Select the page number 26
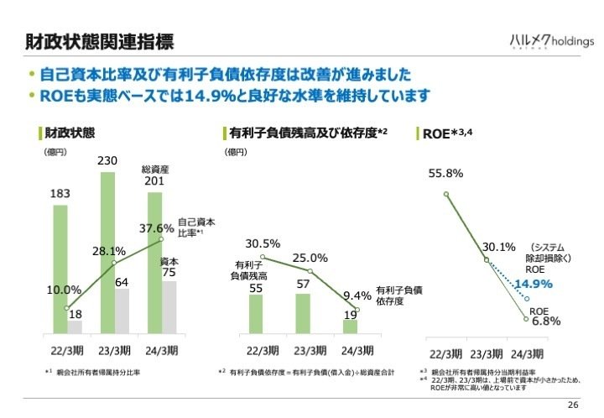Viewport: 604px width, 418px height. tap(573, 405)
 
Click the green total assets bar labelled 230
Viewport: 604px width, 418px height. tap(107, 252)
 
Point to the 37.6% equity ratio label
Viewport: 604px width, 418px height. tap(156, 227)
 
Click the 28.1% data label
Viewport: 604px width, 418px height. tap(109, 251)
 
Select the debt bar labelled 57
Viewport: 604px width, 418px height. tap(303, 312)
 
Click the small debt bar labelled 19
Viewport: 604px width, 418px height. tap(350, 325)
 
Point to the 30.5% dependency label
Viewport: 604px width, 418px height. tap(263, 243)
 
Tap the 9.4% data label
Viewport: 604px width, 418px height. tap(357, 295)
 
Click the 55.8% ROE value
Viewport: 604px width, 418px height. tap(445, 174)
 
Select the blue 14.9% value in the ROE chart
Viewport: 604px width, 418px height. tap(534, 285)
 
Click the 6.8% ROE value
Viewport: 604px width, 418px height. tap(546, 321)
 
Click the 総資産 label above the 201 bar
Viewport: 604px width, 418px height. tap(155, 169)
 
